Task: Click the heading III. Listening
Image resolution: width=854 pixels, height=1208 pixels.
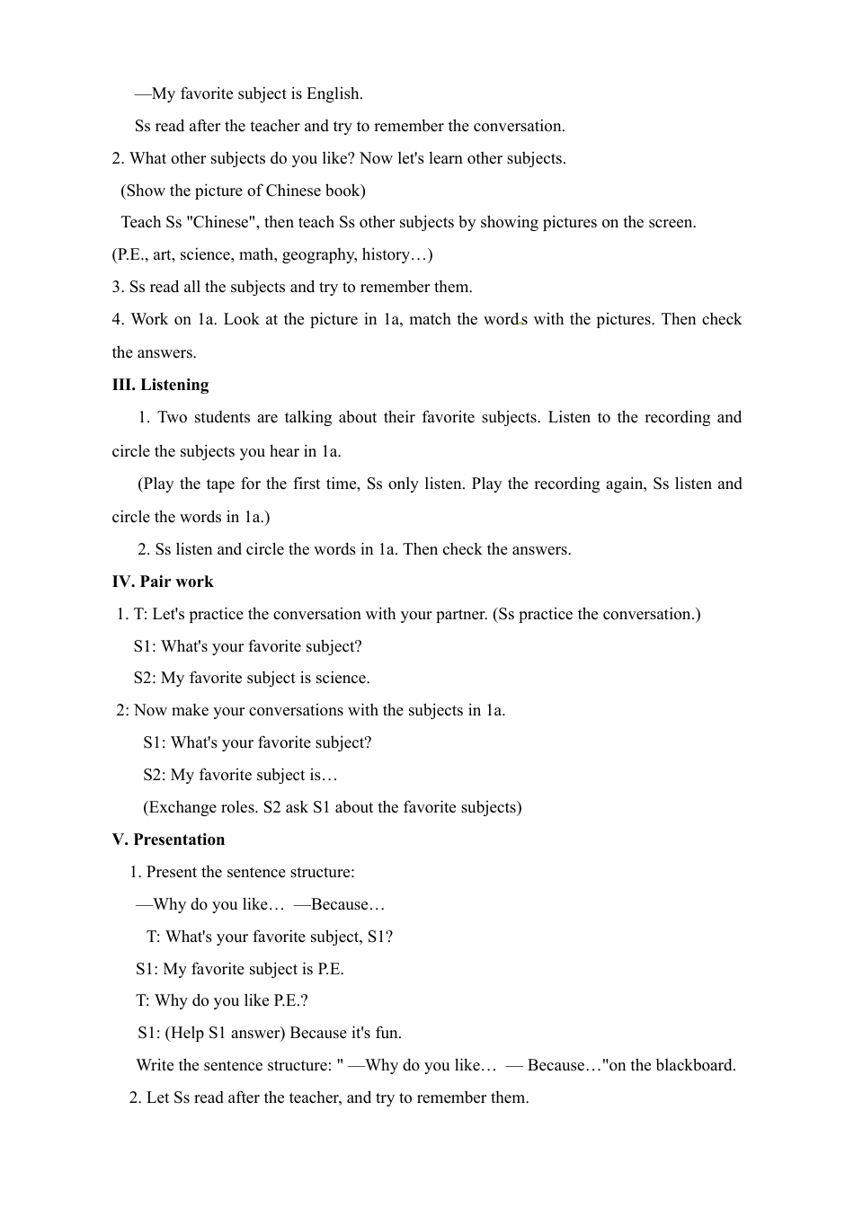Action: (x=160, y=385)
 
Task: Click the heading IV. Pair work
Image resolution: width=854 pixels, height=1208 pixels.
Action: (x=163, y=582)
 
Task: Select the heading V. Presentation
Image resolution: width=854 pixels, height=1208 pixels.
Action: (x=168, y=839)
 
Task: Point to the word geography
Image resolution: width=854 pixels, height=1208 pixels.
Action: (x=318, y=254)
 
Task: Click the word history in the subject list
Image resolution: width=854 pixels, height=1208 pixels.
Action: (x=387, y=254)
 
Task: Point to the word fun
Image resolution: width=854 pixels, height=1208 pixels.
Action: (x=388, y=1033)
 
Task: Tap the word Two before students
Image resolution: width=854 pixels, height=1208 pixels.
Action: (x=173, y=417)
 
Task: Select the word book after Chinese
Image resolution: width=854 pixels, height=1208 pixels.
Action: (x=344, y=191)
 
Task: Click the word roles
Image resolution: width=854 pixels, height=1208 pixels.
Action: (x=237, y=807)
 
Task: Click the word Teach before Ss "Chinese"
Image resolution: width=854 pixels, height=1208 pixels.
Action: (x=141, y=222)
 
